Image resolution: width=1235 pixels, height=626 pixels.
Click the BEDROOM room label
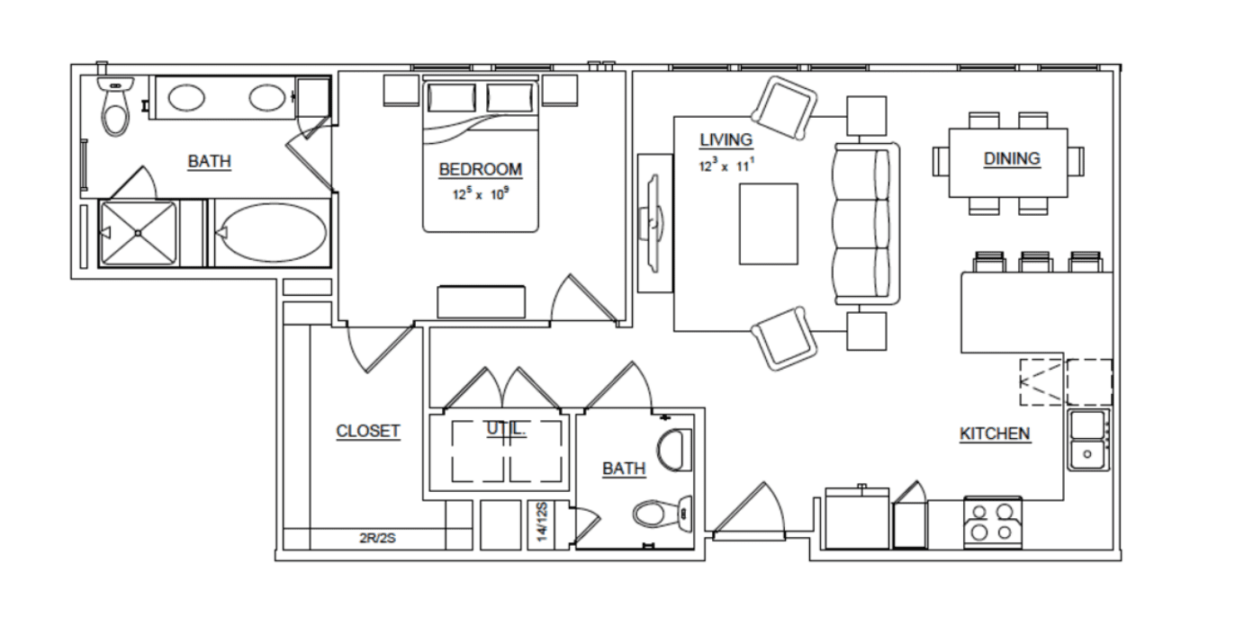tap(480, 169)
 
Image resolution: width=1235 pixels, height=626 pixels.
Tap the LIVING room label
tap(726, 140)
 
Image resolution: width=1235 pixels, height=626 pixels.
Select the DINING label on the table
tap(1013, 158)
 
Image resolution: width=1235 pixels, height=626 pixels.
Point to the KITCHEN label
tap(995, 434)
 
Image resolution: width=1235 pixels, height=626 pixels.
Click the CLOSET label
tap(368, 431)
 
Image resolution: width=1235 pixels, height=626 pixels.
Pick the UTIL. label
tap(506, 429)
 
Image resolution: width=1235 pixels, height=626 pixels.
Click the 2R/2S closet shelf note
tap(378, 538)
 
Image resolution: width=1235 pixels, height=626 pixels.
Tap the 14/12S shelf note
tap(543, 522)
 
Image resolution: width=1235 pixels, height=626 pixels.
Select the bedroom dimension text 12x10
tap(480, 194)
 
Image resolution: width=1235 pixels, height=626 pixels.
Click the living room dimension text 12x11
tap(726, 165)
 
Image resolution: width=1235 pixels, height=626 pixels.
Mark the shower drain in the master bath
tap(138, 234)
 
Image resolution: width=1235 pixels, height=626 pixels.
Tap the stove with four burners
tap(993, 523)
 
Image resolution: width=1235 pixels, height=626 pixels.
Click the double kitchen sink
tap(1087, 440)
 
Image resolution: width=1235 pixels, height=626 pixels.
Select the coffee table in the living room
tap(769, 224)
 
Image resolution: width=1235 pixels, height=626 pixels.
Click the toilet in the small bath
tap(663, 514)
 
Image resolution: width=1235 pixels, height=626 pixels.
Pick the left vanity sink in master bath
tap(186, 98)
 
